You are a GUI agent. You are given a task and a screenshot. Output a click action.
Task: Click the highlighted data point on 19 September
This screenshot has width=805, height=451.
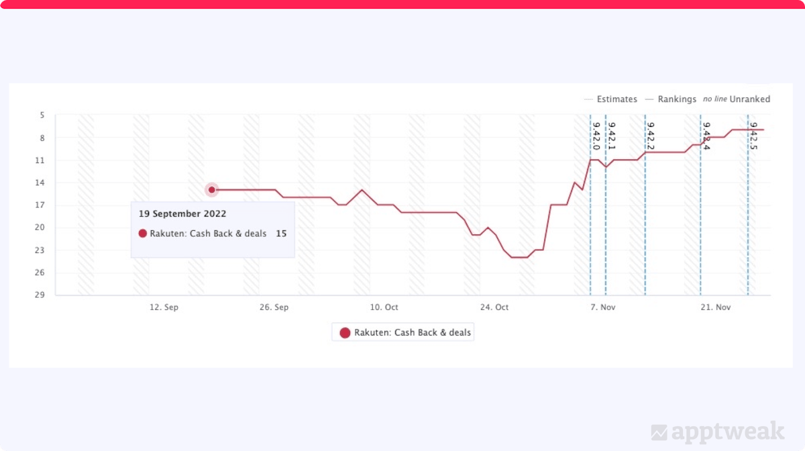(x=212, y=190)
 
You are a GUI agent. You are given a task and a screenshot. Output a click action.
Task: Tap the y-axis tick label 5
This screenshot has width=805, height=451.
(x=42, y=115)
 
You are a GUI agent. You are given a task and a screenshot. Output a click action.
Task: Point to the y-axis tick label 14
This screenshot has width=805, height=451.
(x=42, y=183)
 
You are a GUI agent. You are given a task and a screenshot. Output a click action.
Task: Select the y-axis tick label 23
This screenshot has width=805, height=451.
(x=42, y=250)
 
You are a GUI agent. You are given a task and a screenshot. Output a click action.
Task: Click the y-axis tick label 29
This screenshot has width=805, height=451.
(x=42, y=295)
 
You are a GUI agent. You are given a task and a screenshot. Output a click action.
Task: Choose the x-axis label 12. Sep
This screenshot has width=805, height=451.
(x=164, y=307)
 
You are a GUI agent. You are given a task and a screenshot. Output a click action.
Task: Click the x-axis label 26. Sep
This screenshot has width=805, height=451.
(x=274, y=307)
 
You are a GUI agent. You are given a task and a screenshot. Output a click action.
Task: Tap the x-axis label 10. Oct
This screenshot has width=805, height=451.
(x=384, y=307)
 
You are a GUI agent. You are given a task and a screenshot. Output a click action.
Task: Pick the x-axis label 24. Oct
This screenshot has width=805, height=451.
(x=494, y=307)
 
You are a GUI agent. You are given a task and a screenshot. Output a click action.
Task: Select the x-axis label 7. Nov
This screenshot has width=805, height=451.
(x=603, y=307)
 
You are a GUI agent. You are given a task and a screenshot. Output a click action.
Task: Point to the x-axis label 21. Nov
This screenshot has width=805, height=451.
(x=715, y=307)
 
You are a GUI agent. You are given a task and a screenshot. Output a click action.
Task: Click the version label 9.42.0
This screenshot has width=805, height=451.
(x=596, y=136)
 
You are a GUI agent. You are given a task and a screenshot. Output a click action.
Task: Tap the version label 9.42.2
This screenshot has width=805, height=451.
(x=650, y=136)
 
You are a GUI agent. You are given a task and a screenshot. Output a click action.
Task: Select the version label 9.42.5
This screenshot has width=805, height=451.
(x=753, y=136)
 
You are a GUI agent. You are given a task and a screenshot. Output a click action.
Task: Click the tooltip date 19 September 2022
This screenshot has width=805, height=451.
(x=182, y=214)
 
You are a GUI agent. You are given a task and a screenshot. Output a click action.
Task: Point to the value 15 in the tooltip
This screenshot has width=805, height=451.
(x=281, y=234)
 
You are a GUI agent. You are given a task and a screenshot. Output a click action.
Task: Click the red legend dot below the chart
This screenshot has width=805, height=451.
(x=345, y=333)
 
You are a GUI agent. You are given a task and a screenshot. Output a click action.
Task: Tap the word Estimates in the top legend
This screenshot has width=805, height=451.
(x=616, y=99)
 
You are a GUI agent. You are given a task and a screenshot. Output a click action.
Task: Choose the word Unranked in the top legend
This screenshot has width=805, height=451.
(x=750, y=99)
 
